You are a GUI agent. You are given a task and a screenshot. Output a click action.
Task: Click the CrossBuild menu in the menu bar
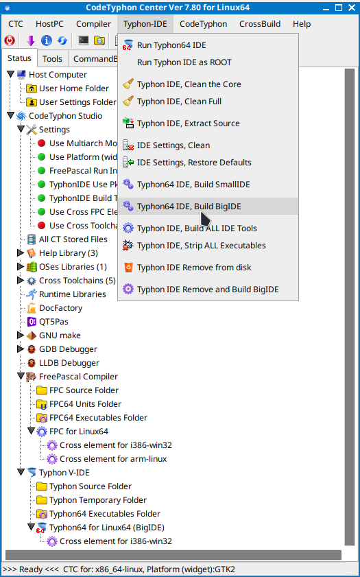coord(260,24)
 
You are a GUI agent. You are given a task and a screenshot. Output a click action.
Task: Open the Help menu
coord(302,24)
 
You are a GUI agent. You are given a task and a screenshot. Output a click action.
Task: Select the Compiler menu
coord(93,24)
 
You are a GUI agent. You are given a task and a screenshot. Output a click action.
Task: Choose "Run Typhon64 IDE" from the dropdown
coord(171,45)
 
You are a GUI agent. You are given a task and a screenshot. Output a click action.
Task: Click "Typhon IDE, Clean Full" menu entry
coord(179,101)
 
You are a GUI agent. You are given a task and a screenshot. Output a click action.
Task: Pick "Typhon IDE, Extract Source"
coord(189,123)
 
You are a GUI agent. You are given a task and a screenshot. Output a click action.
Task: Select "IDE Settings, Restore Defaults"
coord(194,163)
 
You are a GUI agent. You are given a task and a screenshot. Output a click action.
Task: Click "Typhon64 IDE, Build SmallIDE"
coord(193,185)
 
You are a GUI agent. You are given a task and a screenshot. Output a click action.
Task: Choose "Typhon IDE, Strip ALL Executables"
coord(201,246)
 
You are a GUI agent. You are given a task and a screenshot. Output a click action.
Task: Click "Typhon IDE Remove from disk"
coord(194,268)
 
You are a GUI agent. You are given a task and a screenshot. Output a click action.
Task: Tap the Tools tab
coord(52,59)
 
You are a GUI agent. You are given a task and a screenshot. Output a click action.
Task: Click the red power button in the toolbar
coord(10,40)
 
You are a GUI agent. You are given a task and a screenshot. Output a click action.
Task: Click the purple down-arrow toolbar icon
coord(31,40)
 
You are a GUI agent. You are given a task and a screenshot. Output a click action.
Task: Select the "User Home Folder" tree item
coord(74,89)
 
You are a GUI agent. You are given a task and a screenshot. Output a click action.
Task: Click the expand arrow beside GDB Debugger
coord(21,349)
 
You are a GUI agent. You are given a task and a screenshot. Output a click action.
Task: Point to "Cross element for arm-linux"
coord(113,459)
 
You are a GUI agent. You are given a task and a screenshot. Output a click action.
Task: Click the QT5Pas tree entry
coord(53,322)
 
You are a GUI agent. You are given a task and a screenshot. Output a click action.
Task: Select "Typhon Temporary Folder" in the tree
coord(98,500)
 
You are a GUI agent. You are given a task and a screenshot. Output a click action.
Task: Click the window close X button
coord(352,8)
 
